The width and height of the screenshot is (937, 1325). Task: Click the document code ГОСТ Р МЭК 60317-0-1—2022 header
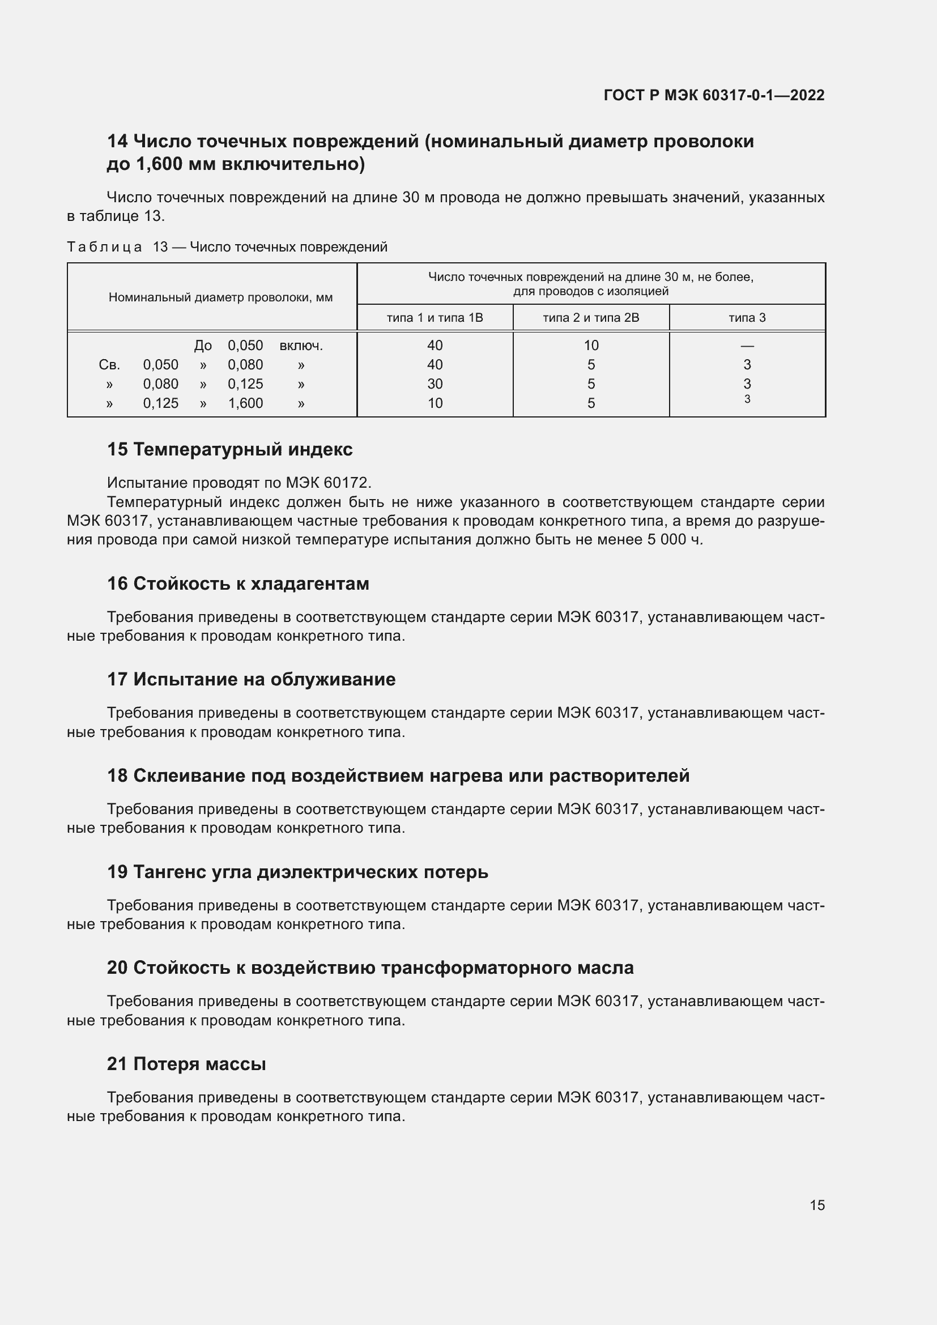(714, 95)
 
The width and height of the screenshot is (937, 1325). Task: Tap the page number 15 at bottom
(817, 1205)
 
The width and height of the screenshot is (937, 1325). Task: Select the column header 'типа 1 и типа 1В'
(435, 317)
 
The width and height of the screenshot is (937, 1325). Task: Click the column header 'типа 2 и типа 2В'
(591, 317)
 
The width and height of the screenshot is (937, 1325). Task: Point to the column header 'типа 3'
(747, 317)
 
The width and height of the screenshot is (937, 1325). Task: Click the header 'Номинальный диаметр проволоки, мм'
(220, 298)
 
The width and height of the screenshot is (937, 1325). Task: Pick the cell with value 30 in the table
(435, 384)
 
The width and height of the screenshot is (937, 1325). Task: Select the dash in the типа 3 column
(747, 346)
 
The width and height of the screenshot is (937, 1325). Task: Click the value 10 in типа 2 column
(591, 346)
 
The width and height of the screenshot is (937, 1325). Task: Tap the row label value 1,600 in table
(245, 403)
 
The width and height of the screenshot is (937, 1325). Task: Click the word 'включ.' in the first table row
(301, 346)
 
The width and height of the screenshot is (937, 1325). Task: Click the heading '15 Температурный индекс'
(229, 449)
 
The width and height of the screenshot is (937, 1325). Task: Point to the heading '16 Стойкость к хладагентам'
(238, 583)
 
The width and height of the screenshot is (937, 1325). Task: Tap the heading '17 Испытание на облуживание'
(251, 679)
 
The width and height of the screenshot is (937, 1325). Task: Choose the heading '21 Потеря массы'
(186, 1064)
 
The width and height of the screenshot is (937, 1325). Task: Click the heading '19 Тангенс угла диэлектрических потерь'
(297, 871)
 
